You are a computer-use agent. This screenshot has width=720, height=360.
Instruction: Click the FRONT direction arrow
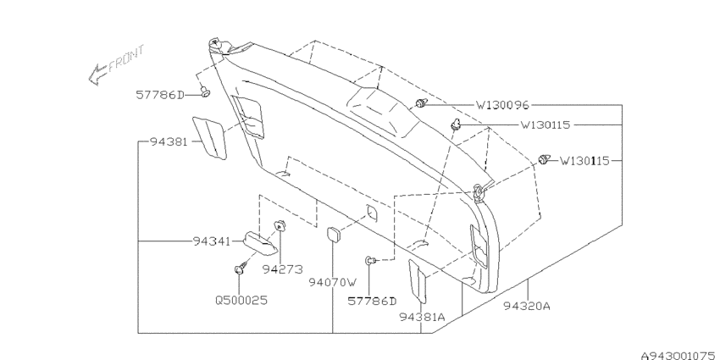(98, 75)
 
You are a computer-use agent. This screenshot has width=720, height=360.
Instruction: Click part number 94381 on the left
(169, 142)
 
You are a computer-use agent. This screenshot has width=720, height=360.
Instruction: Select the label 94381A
(422, 318)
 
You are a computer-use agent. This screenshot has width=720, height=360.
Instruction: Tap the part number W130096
(502, 106)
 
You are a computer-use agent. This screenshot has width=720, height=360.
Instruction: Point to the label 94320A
(527, 306)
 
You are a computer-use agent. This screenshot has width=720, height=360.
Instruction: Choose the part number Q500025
(241, 301)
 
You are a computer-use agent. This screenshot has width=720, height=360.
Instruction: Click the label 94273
(283, 269)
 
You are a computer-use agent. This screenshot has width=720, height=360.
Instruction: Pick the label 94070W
(333, 282)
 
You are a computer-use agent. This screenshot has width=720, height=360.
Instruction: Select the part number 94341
(211, 241)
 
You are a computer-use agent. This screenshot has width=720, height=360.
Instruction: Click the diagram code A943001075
(680, 356)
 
